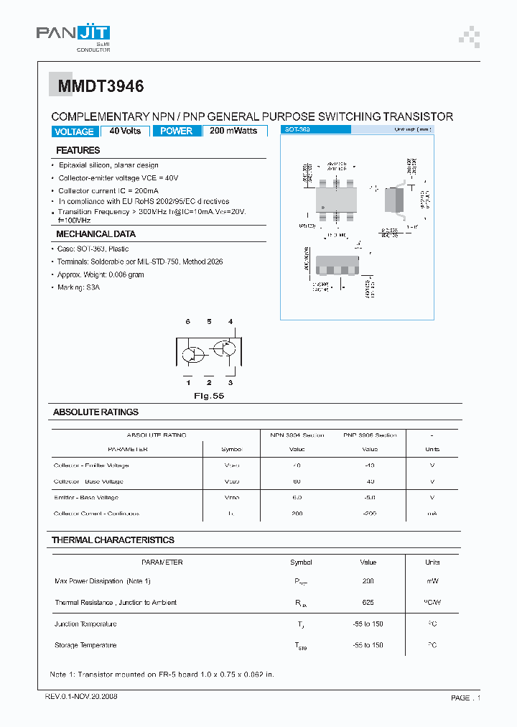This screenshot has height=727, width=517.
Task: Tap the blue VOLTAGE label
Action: [74, 131]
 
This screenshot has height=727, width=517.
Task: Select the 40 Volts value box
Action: [125, 131]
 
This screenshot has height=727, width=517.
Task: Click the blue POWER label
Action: [176, 131]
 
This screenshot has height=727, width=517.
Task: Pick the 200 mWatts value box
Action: [235, 131]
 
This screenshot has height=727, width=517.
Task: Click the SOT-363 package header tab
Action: [316, 129]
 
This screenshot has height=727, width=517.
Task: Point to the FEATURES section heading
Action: [78, 150]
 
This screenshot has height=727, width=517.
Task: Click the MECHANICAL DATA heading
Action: [96, 234]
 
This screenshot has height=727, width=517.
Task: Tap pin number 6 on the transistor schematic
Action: [187, 321]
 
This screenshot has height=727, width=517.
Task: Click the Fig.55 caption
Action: [209, 396]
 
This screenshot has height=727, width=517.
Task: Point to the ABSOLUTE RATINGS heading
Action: [96, 412]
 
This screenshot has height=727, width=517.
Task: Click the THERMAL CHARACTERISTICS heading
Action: [113, 540]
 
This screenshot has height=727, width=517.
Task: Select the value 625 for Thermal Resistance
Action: [368, 603]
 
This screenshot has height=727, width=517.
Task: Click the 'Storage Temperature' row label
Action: [85, 645]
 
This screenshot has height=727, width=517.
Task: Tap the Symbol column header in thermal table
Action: [301, 562]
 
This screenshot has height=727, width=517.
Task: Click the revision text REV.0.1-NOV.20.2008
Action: [80, 698]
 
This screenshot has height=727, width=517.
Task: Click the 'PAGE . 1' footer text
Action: [465, 698]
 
